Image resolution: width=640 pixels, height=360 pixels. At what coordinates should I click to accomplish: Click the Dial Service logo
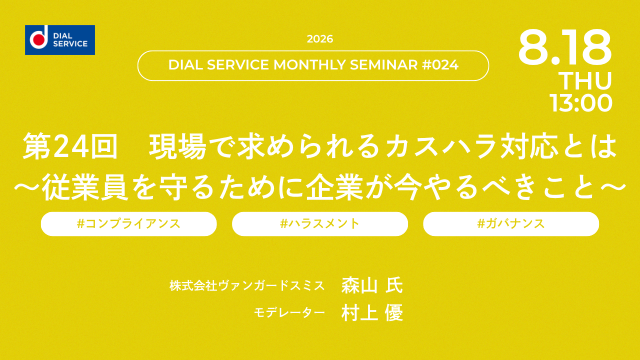pyautogui.click(x=60, y=40)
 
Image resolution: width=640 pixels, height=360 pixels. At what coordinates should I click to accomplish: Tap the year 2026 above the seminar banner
pyautogui.click(x=320, y=39)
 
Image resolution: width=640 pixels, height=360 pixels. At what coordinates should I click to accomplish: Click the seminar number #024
pyautogui.click(x=440, y=65)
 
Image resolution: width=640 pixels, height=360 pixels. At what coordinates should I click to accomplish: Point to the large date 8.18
pyautogui.click(x=564, y=47)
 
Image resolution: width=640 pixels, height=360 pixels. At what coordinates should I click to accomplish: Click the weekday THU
pyautogui.click(x=585, y=81)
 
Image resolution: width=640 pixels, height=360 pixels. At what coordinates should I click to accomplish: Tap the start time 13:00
pyautogui.click(x=580, y=103)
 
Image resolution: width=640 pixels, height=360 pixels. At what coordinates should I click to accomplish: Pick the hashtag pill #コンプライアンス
pyautogui.click(x=129, y=224)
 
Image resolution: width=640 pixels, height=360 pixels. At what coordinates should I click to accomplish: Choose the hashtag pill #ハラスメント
pyautogui.click(x=320, y=224)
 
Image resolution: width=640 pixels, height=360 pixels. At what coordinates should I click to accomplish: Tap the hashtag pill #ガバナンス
pyautogui.click(x=511, y=224)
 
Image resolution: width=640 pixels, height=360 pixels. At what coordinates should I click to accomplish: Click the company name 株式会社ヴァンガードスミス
pyautogui.click(x=247, y=285)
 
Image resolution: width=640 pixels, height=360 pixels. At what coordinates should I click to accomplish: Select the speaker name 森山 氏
pyautogui.click(x=372, y=285)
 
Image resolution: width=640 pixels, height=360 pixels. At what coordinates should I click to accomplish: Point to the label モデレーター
pyautogui.click(x=289, y=312)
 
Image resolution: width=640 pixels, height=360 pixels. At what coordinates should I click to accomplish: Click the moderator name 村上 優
pyautogui.click(x=372, y=312)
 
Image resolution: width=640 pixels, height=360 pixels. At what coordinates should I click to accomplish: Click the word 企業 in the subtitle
pyautogui.click(x=334, y=187)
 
